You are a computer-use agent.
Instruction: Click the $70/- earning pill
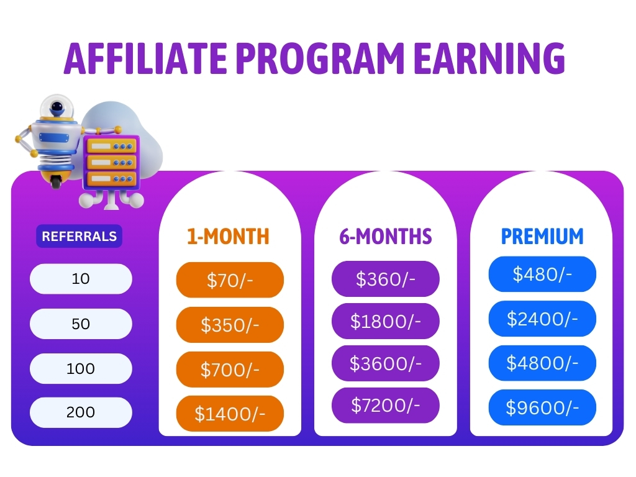pos(230,280)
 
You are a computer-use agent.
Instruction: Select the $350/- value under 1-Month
pos(230,325)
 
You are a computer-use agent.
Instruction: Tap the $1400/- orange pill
pos(230,414)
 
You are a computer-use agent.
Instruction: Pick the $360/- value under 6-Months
pos(385,279)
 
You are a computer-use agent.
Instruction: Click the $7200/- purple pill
pos(385,405)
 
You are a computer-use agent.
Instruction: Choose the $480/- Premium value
pos(542,274)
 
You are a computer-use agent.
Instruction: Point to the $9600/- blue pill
pos(542,407)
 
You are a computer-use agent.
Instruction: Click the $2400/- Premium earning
pos(542,319)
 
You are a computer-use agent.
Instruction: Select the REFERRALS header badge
pos(79,236)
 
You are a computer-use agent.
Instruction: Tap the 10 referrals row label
pos(81,279)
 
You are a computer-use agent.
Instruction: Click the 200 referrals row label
pos(81,412)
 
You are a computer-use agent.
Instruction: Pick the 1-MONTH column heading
pos(229,237)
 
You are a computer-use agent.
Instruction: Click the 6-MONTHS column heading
pos(385,237)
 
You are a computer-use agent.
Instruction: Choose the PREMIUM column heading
pos(542,237)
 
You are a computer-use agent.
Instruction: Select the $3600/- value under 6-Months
pos(385,363)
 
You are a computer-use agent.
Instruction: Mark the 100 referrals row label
pos(81,368)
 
